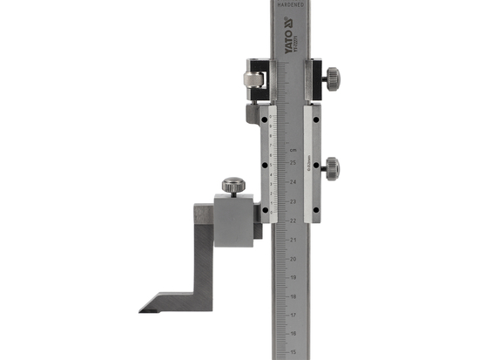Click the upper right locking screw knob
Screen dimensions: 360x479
click(331, 78)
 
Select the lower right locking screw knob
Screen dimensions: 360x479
click(331, 166)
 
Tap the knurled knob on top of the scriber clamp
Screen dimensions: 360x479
click(233, 185)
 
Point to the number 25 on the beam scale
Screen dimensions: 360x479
click(293, 162)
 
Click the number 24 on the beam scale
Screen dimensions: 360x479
click(293, 181)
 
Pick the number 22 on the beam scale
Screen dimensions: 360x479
click(293, 220)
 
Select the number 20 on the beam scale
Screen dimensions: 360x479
click(293, 258)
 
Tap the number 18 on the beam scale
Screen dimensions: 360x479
click(293, 296)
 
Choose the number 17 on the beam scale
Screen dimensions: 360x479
click(293, 316)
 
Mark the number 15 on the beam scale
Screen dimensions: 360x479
click(293, 353)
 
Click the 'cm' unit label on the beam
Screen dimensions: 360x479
click(293, 150)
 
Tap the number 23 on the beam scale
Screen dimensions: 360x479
click(293, 200)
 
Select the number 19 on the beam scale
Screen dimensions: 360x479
click(293, 277)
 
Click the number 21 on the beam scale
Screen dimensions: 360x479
click(293, 239)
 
